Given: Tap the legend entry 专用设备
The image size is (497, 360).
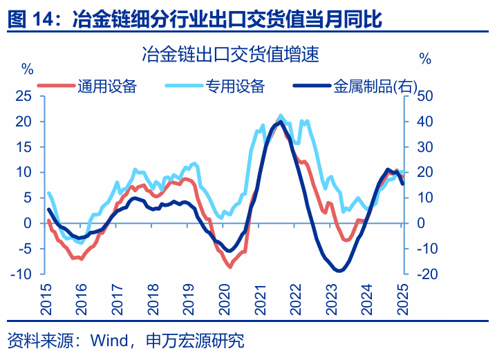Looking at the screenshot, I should (235, 86).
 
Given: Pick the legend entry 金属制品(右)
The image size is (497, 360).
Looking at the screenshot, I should (375, 86).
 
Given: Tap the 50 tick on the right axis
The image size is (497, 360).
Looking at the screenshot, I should (424, 96).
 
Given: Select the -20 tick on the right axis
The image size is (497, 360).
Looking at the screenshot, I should (425, 274).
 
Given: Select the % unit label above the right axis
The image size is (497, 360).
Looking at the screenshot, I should (425, 60).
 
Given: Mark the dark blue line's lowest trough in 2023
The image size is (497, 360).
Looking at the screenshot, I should (338, 270).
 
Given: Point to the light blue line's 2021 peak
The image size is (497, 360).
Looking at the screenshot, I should (281, 115).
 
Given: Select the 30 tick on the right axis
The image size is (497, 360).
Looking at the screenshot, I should (424, 146).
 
